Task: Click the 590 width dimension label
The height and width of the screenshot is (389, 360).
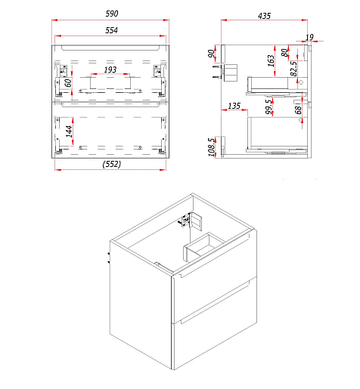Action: coord(112,14)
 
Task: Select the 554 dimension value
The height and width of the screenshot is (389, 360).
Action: coord(111,30)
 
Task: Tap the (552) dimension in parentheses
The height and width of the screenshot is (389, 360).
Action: coord(112,164)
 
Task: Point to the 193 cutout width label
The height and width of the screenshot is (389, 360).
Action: coord(110,69)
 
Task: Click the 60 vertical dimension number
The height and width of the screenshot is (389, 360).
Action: coord(68,82)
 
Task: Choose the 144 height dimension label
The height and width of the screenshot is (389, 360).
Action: coord(69,131)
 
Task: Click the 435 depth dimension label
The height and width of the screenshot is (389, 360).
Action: coord(264,16)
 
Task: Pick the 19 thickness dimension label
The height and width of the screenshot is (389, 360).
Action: coord(309,37)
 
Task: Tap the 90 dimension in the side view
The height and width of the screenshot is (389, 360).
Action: coord(211,54)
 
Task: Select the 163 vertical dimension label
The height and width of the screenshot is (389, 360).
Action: coord(271,61)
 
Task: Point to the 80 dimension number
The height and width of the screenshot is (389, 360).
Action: coord(284,53)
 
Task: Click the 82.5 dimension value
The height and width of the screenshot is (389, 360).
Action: coord(293,69)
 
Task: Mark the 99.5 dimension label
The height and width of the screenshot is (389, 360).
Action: coord(269,107)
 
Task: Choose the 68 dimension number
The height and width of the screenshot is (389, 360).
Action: coord(298,110)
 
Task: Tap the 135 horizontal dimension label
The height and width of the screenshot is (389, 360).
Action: coord(234,106)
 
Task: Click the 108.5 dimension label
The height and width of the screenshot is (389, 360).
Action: coord(212,147)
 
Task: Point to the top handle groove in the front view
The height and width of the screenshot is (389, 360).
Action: coord(110,48)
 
